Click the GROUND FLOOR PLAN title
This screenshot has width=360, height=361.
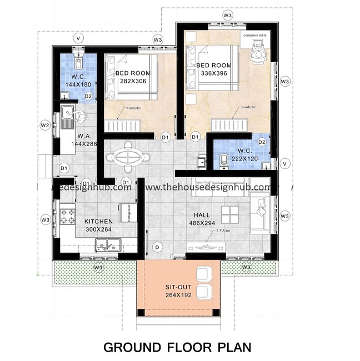(x=180, y=348)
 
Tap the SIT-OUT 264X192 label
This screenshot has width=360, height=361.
(x=178, y=291)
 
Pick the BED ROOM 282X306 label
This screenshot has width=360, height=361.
(x=132, y=77)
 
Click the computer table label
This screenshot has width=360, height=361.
(x=254, y=35)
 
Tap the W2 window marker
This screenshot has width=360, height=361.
(x=46, y=125)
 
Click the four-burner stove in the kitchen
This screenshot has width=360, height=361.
(x=67, y=216)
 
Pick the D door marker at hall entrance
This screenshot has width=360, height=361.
(x=157, y=246)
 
